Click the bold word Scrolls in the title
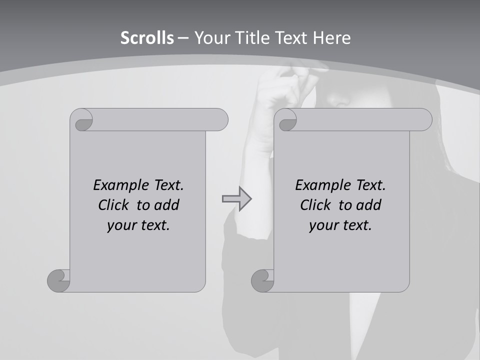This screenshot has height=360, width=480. click(147, 38)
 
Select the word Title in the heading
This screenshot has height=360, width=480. click(249, 38)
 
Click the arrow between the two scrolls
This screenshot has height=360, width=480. click(237, 199)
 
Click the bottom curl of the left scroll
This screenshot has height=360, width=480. click(59, 280)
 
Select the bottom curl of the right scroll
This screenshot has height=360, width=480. click(262, 280)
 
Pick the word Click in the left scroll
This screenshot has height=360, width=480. click(114, 205)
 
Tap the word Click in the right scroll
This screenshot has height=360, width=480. click(316, 205)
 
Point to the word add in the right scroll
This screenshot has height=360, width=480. click(369, 205)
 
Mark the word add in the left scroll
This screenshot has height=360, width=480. click(167, 205)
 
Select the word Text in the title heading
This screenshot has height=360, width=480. click(290, 38)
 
